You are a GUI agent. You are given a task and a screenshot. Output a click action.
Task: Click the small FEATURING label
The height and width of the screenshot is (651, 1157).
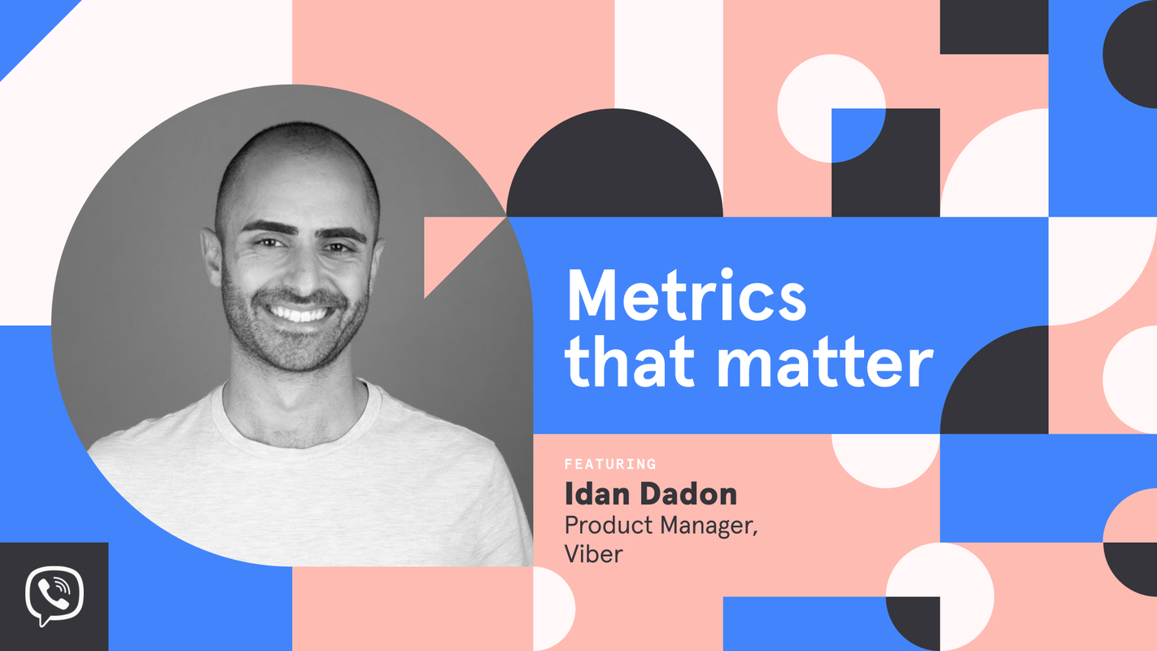pyautogui.click(x=610, y=465)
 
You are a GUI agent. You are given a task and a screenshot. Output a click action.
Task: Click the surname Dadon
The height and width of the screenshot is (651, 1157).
pyautogui.click(x=691, y=494)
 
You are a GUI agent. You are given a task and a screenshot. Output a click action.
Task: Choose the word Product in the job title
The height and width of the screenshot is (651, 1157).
pyautogui.click(x=608, y=526)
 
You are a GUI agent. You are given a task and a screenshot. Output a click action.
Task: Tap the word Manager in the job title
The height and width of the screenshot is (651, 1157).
pyautogui.click(x=709, y=526)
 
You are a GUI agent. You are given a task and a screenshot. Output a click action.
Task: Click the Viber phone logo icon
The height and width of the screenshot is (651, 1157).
pyautogui.click(x=54, y=596)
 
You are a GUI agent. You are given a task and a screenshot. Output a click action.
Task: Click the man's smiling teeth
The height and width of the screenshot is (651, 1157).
pyautogui.click(x=298, y=312)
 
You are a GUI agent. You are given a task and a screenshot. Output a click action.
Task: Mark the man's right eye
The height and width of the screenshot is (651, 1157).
pyautogui.click(x=264, y=242)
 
